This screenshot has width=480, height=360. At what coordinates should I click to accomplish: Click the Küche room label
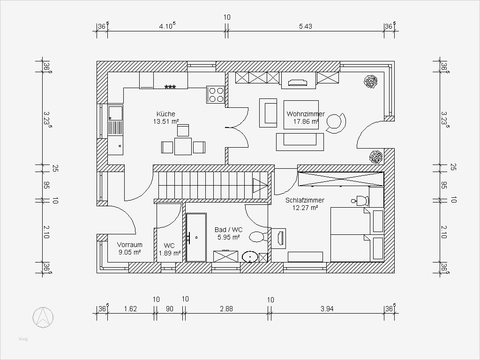[166, 114]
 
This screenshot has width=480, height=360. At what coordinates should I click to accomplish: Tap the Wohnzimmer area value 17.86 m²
[306, 121]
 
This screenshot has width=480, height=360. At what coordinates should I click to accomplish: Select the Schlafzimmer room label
[305, 200]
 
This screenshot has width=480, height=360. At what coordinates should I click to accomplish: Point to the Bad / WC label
[228, 230]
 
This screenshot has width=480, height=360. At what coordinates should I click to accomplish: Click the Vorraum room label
[129, 245]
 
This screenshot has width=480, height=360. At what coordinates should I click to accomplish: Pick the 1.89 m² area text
[170, 253]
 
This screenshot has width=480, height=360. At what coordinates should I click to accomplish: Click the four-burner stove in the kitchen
[216, 95]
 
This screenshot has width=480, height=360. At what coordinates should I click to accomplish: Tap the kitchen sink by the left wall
[115, 113]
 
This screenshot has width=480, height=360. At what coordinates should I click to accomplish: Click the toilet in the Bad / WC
[258, 236]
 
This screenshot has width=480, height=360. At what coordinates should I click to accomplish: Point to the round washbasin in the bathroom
[250, 257]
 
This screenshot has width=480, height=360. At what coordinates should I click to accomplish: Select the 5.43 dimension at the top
[305, 27]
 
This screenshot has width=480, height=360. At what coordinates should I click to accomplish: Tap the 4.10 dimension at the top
[167, 26]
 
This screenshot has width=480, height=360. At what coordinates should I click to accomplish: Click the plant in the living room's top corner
[371, 82]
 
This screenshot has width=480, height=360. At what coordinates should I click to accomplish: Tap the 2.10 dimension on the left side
[46, 232]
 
